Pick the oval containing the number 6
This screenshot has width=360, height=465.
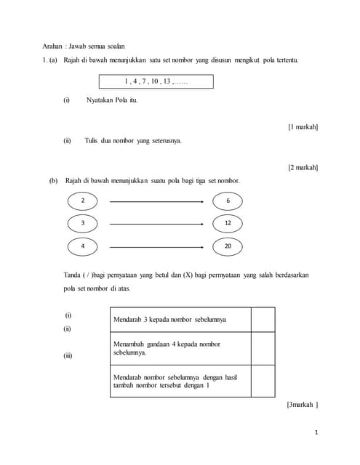228,201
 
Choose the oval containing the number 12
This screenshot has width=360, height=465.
228,223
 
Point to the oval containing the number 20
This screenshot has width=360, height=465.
228,246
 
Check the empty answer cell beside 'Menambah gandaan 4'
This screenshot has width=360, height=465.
263,349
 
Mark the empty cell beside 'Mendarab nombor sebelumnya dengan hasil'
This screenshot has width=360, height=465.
263,381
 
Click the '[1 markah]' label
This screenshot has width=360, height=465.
303,127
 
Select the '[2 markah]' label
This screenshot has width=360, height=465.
303,167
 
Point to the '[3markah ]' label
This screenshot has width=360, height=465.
303,405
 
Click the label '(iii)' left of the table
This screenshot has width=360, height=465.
68,356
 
